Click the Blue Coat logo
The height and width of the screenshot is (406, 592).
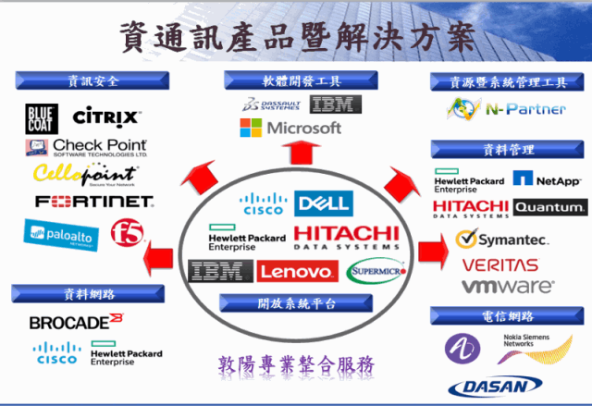point(43,117)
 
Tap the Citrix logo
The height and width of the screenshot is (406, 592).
point(106,117)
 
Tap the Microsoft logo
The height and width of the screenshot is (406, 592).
point(291,128)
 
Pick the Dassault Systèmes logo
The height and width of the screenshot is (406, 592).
point(273,104)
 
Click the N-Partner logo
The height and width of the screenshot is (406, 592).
point(506,110)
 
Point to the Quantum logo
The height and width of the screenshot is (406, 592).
point(549,207)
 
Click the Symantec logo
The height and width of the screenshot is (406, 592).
point(502,240)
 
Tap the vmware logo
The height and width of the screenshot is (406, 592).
point(508,286)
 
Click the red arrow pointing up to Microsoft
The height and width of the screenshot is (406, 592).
point(294,155)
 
